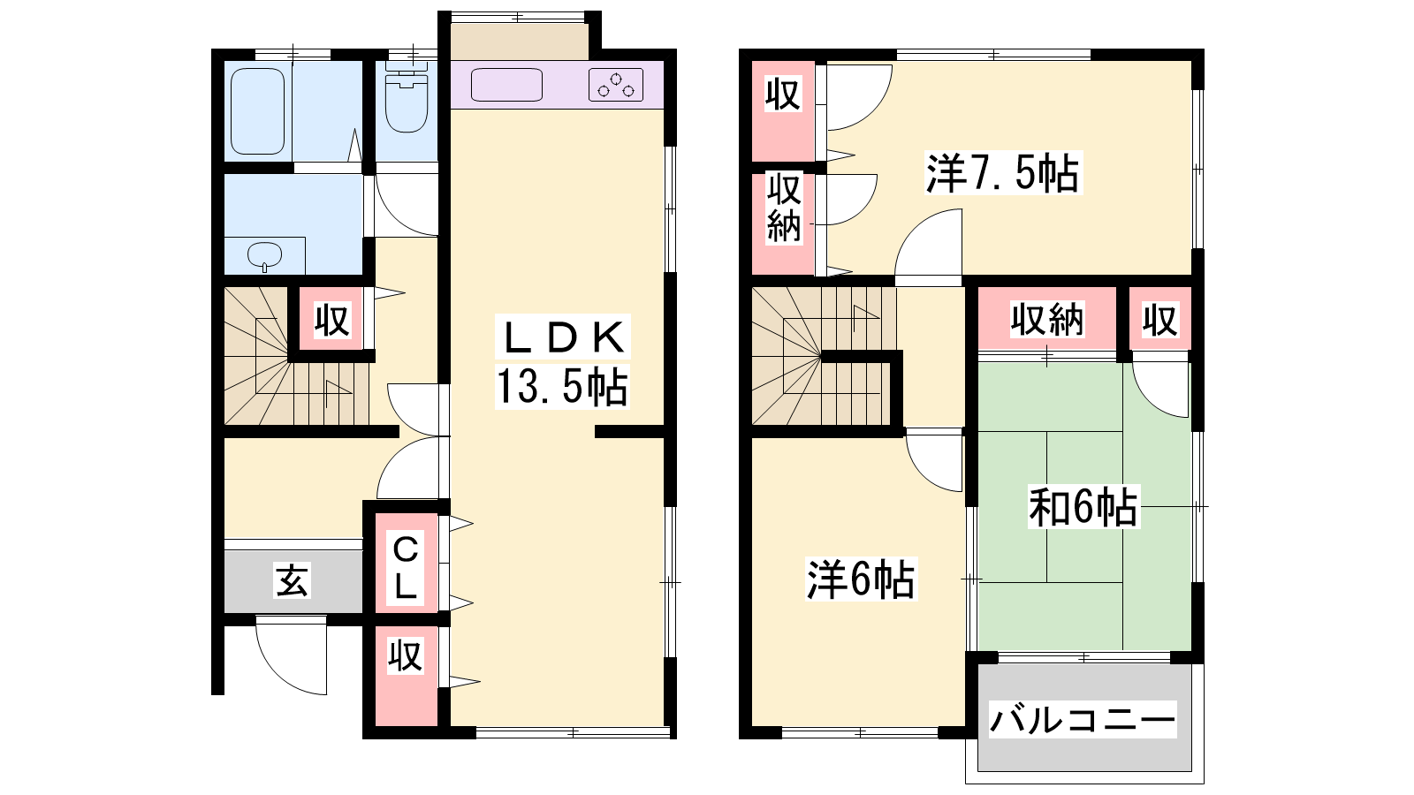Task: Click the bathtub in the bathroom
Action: tap(257, 111)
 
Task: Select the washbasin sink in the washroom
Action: tap(264, 255)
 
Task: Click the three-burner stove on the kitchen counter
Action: tap(615, 85)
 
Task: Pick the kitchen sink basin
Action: tap(506, 85)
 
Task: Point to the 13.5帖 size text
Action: tap(562, 386)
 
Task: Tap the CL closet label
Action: tap(406, 568)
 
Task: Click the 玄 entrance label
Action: tap(293, 580)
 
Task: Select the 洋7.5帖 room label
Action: tap(1002, 172)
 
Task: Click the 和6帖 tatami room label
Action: tap(1083, 507)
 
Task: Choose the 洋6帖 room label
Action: tap(861, 579)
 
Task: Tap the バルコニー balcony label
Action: tap(1083, 720)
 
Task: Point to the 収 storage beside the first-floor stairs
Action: tap(332, 321)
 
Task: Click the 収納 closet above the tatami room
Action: tap(1047, 319)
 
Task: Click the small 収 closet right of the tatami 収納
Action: tap(1160, 319)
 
